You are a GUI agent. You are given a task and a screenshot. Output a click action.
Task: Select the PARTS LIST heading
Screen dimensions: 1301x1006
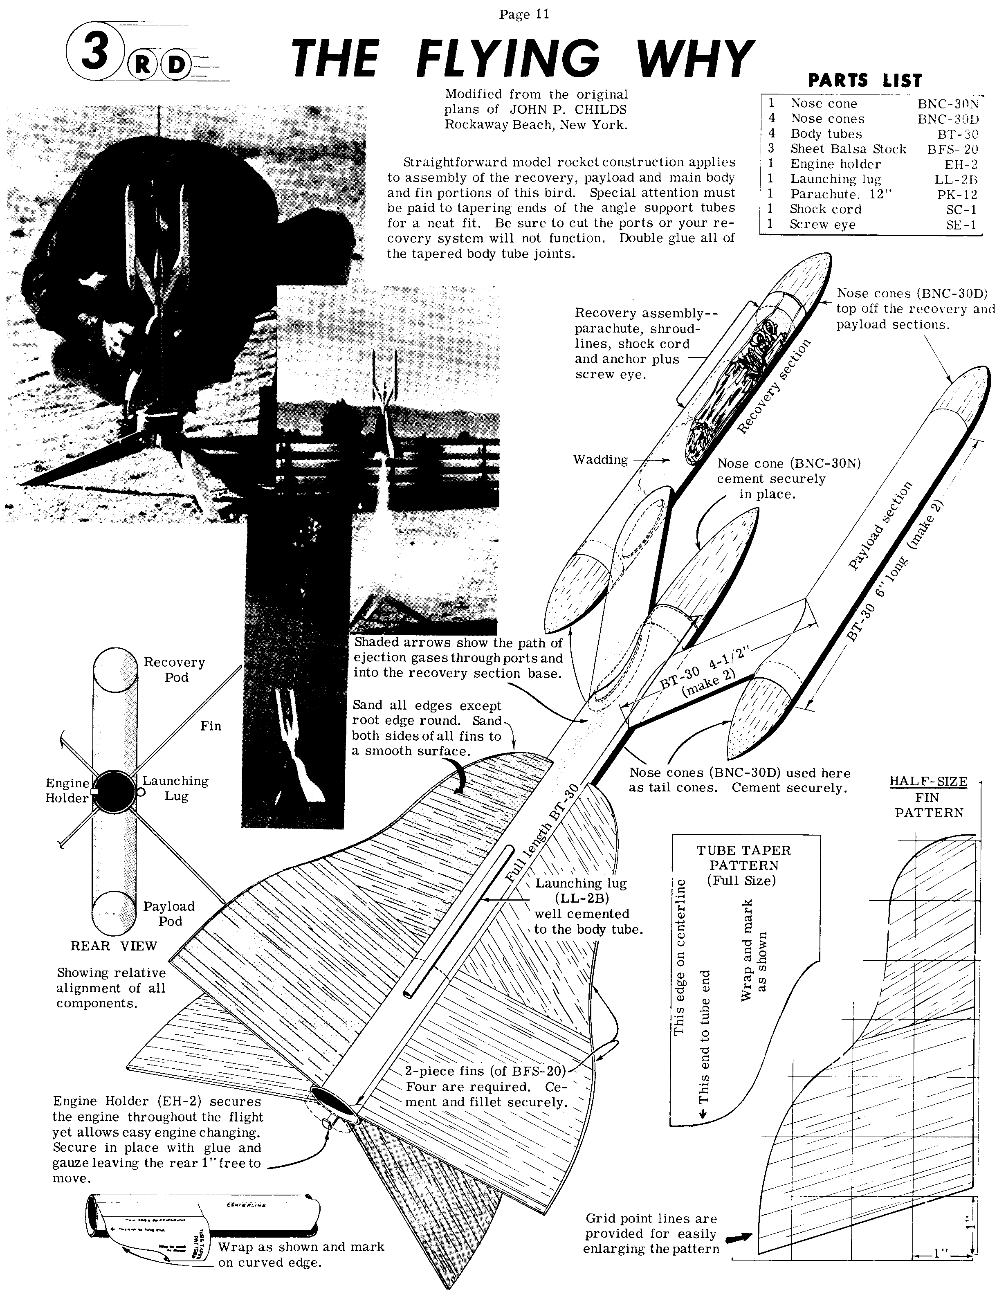coord(864,81)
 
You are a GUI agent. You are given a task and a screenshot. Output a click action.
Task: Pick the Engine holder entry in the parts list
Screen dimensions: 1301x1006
coord(835,164)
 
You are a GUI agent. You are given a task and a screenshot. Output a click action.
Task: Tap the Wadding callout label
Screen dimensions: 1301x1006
coord(600,459)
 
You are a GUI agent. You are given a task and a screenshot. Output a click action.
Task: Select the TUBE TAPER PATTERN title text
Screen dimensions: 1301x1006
coord(743,857)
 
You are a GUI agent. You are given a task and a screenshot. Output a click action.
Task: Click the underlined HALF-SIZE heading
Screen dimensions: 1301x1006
coord(928,782)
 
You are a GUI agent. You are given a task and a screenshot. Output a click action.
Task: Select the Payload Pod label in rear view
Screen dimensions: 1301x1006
coord(168,913)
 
